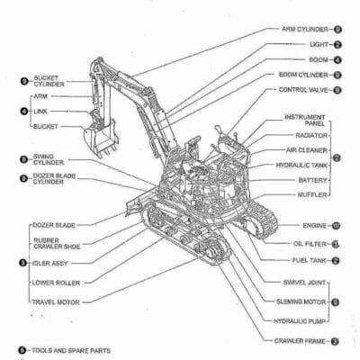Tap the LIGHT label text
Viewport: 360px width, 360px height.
pyautogui.click(x=318, y=44)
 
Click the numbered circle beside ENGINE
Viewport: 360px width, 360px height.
pyautogui.click(x=335, y=225)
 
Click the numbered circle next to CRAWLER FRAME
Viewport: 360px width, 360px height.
pyautogui.click(x=335, y=341)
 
